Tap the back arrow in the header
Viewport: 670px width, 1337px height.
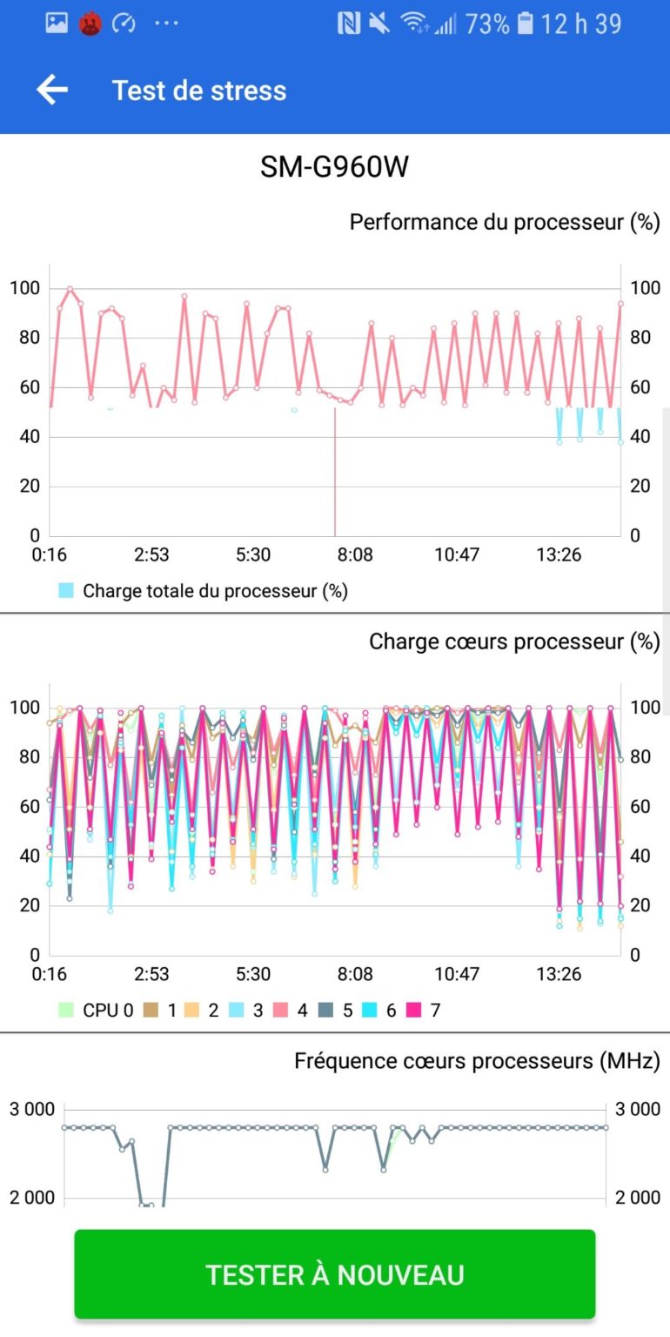(x=52, y=90)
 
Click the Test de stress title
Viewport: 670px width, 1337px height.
(x=199, y=91)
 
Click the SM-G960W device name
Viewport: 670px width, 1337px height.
(x=334, y=166)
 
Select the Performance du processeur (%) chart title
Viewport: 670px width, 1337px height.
(x=505, y=222)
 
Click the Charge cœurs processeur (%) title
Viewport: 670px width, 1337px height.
(x=514, y=642)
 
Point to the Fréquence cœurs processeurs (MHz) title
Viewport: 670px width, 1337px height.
(x=477, y=1061)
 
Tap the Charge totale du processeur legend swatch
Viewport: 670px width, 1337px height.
(x=66, y=591)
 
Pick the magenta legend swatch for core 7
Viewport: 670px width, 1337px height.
(x=412, y=1011)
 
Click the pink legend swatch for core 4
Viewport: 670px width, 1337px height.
(x=278, y=1011)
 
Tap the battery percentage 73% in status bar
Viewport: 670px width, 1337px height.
(x=487, y=24)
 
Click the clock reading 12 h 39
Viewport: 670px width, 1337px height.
(x=581, y=24)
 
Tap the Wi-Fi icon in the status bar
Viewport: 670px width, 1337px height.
(x=415, y=24)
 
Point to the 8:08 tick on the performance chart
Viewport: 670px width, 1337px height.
(x=355, y=554)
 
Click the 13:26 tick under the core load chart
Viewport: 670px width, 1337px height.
(x=559, y=974)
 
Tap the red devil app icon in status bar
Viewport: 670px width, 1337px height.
(x=90, y=24)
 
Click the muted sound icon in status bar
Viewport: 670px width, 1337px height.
(x=379, y=24)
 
